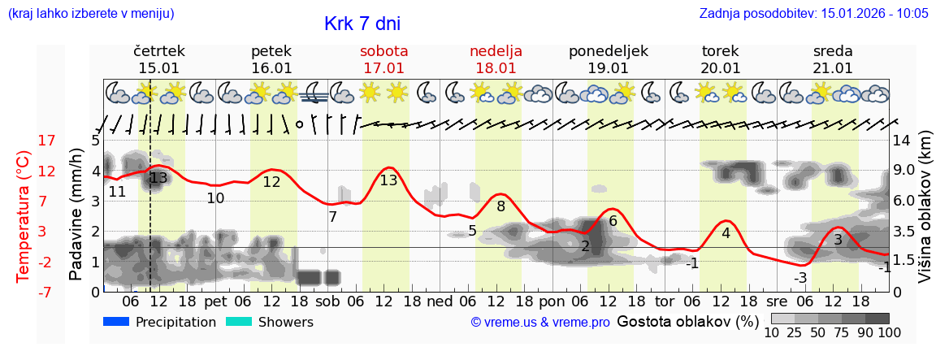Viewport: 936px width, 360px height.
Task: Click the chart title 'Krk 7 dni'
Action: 362,24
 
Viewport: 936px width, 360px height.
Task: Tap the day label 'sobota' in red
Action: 383,51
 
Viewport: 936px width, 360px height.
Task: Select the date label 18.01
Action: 496,68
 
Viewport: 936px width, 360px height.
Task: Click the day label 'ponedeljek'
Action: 608,51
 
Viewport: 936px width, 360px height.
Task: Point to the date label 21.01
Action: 833,68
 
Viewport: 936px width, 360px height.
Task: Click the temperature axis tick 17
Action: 47,141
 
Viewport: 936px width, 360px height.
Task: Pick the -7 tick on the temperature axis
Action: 47,292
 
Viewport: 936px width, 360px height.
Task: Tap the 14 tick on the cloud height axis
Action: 903,141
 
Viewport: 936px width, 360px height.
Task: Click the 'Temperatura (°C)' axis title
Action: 23,215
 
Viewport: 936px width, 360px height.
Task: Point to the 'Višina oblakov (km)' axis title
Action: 925,215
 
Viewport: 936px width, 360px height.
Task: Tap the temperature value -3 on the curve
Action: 800,278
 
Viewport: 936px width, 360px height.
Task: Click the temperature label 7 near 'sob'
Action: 332,217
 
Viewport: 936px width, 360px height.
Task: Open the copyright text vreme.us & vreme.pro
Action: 540,322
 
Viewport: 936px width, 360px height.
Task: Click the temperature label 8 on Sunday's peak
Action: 500,206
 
